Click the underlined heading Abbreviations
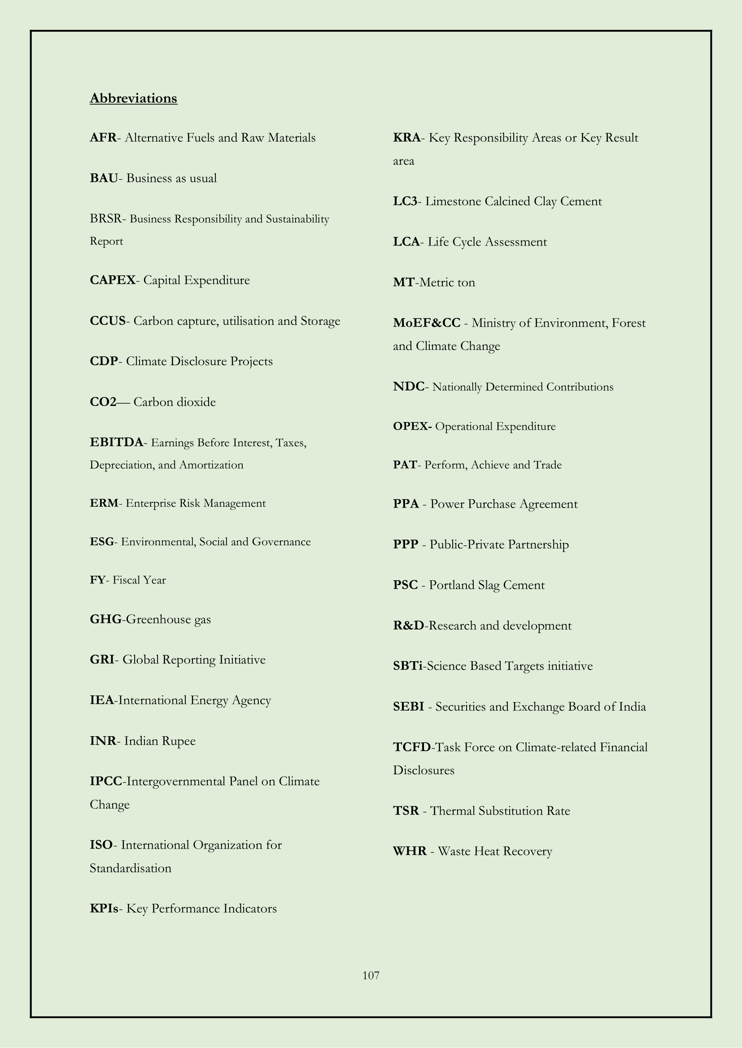133,98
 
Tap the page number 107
371,975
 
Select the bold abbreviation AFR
103,138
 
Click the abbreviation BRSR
105,219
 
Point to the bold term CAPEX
113,280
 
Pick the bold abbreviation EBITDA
117,442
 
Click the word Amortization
211,465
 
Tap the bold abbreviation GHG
105,619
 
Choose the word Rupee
179,740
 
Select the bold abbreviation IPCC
106,781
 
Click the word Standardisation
130,868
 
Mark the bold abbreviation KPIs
104,908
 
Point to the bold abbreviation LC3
405,201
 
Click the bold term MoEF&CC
427,323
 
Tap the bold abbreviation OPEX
412,426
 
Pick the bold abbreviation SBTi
407,666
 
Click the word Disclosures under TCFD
423,771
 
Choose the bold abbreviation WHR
410,851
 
